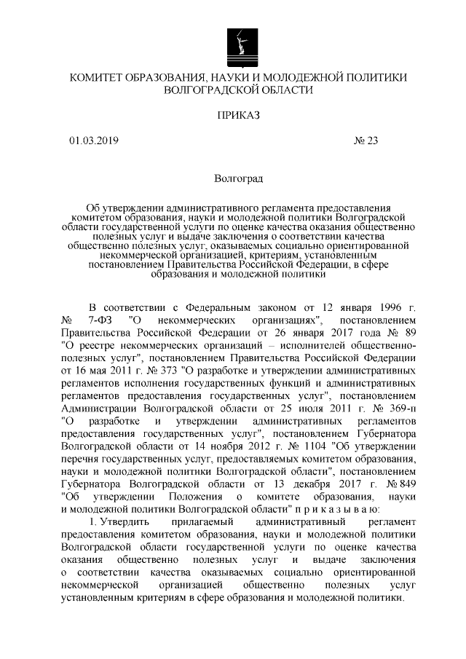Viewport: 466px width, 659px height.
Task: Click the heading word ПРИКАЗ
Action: (x=238, y=114)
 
